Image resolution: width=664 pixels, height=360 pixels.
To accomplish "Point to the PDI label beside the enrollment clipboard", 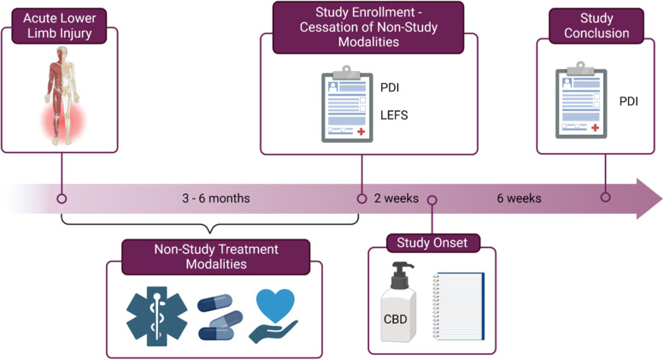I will (x=389, y=86).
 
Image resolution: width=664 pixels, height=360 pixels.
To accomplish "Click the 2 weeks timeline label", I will (x=396, y=198).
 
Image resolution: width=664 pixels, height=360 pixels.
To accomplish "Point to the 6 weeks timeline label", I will (x=519, y=198).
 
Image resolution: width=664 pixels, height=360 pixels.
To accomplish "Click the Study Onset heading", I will (x=431, y=244).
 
